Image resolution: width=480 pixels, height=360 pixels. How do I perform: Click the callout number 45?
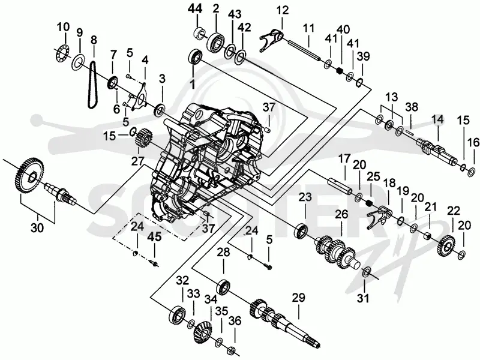(x=155, y=237)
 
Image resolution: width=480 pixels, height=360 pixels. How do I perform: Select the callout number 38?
(x=412, y=107)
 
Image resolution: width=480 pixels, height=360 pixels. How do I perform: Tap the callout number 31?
(x=364, y=298)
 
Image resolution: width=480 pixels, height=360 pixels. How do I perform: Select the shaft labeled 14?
(x=437, y=151)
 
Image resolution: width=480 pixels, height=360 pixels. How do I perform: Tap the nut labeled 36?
(x=232, y=349)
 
